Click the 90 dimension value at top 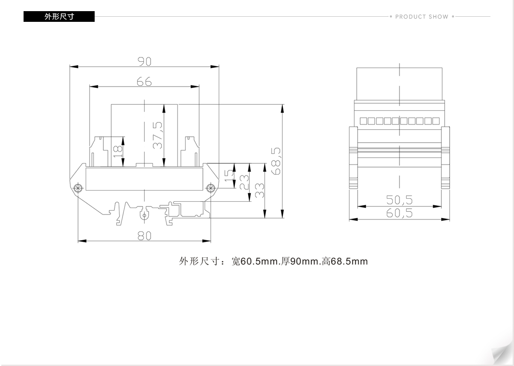click(x=144, y=62)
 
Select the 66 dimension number click(x=144, y=82)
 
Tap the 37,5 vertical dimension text click(x=158, y=135)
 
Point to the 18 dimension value click(x=118, y=152)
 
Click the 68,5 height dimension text click(x=276, y=161)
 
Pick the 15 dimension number click(x=230, y=176)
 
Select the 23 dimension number click(x=244, y=182)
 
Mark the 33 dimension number click(x=260, y=190)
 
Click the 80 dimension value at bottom click(x=144, y=236)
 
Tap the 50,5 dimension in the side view click(x=399, y=200)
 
